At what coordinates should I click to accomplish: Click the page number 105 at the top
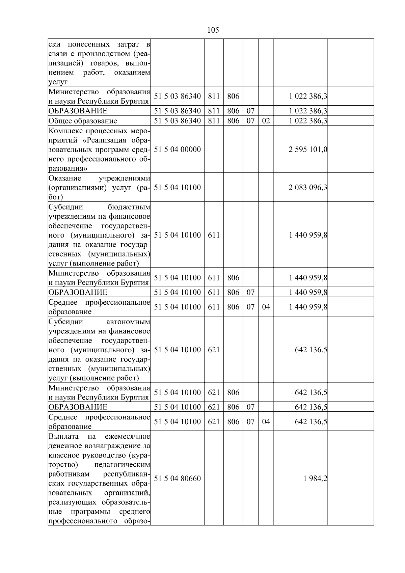[213, 30]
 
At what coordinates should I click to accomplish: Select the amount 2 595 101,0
[308, 149]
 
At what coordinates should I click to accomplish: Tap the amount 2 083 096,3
[308, 187]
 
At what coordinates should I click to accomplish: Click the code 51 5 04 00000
[177, 149]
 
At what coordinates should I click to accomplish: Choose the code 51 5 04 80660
[177, 479]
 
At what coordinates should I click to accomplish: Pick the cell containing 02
[266, 121]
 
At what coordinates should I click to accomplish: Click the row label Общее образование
[83, 121]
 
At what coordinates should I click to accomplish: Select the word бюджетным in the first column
[129, 207]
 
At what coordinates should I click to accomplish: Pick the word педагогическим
[122, 465]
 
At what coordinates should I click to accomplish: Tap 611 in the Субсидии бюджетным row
[214, 235]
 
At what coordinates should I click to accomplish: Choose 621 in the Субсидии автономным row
[214, 350]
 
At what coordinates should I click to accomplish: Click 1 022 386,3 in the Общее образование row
[308, 121]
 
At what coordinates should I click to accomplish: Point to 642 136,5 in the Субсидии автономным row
[311, 350]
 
